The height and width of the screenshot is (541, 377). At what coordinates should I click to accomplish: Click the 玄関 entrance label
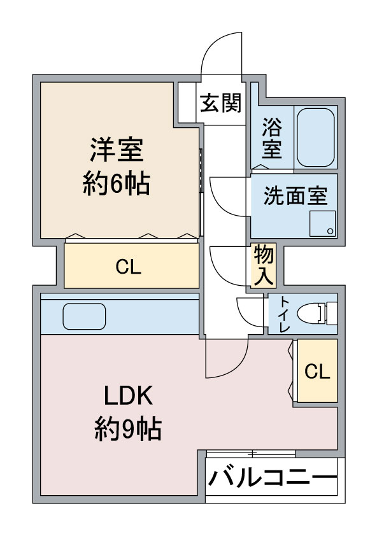coord(221,102)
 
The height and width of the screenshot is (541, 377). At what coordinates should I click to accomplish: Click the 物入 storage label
coord(264,265)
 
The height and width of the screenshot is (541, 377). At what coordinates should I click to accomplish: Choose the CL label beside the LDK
coord(317,372)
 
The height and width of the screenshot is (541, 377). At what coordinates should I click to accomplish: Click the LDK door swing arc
coord(224,360)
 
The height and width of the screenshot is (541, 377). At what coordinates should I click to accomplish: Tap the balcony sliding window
coord(251,453)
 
